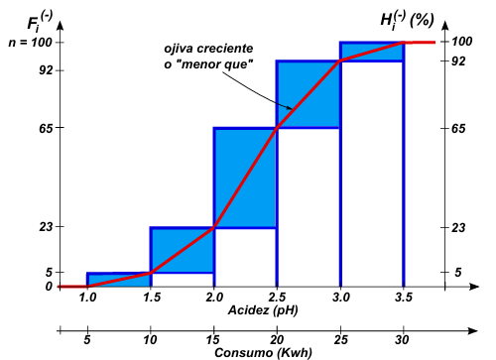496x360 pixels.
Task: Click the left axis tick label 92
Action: pos(46,70)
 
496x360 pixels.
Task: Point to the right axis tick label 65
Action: pos(458,128)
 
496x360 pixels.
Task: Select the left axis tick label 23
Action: pos(46,227)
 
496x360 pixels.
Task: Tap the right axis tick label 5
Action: pos(458,272)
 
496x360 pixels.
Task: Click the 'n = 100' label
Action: pos(31,43)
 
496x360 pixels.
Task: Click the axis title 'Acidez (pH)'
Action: pos(263,310)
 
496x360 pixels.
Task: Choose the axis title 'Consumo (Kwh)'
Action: pos(263,353)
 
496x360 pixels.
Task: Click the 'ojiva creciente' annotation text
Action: pos(208,49)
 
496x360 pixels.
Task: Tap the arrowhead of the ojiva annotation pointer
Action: pos(291,108)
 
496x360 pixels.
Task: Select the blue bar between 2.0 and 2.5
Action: pos(245,178)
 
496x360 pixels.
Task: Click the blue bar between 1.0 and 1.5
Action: pos(118,280)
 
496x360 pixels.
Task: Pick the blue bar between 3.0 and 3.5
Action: pos(372,52)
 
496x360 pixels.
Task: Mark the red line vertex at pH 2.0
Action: pos(214,227)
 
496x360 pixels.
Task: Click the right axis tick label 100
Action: pos(462,42)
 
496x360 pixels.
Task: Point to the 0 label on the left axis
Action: pos(49,287)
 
